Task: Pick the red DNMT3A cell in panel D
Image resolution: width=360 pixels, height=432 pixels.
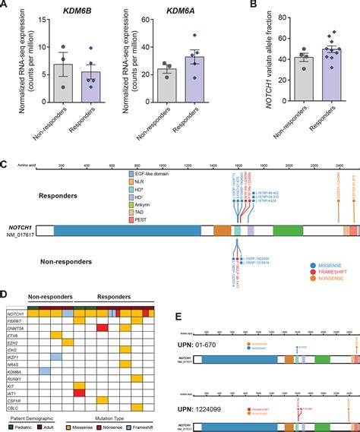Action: click(x=102, y=328)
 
